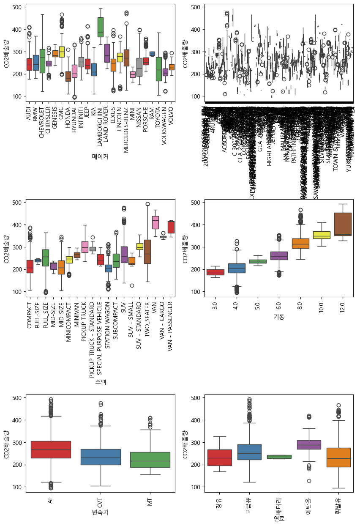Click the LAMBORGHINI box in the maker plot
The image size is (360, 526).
101,27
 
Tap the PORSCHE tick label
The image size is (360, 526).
146,116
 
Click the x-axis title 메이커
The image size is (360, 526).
100,156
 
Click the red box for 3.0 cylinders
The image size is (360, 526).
215,272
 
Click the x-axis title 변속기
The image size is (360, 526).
100,512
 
